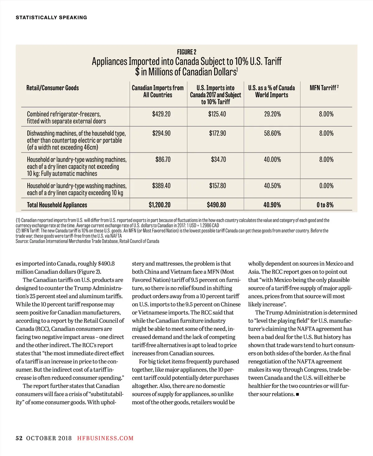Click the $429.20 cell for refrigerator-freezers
pyautogui.click(x=161, y=114)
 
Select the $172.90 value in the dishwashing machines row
pyautogui.click(x=217, y=133)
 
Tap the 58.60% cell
pyautogui.click(x=272, y=133)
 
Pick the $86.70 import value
pyautogui.click(x=163, y=159)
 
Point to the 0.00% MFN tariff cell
pyautogui.click(x=326, y=186)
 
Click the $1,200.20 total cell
pyautogui.click(x=159, y=205)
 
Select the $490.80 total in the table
pyautogui.click(x=216, y=205)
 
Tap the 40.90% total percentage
pyautogui.click(x=272, y=205)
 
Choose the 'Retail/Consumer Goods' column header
pyautogui.click(x=53, y=88)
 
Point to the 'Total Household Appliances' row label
pyautogui.click(x=57, y=205)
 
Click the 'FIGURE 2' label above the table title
pyautogui.click(x=186, y=52)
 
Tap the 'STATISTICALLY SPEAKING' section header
pyautogui.click(x=51, y=17)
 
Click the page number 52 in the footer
pyautogui.click(x=19, y=438)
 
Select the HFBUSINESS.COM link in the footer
pyautogui.click(x=105, y=438)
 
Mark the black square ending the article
pyautogui.click(x=297, y=394)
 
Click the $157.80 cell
pyautogui.click(x=217, y=186)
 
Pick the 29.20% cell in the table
pyautogui.click(x=272, y=114)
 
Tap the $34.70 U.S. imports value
pyautogui.click(x=218, y=159)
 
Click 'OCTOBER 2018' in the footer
pyautogui.click(x=49, y=438)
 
